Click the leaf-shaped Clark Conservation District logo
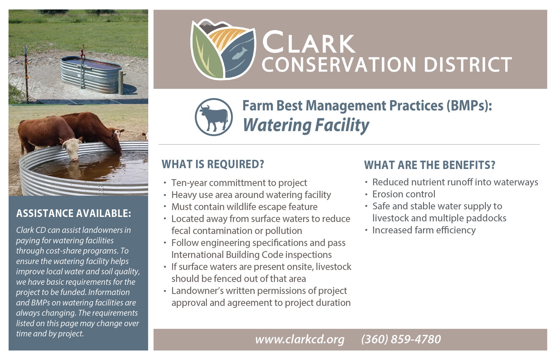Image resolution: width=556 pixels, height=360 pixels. [223, 49]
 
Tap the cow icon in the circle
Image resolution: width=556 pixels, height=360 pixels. [214, 117]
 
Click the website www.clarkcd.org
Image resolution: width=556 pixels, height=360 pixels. [299, 339]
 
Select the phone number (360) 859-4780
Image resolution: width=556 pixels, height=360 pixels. [401, 339]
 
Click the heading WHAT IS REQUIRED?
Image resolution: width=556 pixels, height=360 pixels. [213, 164]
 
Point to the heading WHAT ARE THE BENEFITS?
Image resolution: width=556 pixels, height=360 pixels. [430, 165]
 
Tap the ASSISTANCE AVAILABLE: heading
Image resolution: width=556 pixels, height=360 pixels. [73, 214]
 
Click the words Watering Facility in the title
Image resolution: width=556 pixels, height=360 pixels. [306, 125]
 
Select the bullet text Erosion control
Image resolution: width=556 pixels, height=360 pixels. [404, 194]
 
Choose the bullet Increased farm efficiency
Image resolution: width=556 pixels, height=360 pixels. [424, 230]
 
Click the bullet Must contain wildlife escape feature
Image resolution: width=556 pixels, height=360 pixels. [244, 207]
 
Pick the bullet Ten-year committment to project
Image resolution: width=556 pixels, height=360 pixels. [239, 183]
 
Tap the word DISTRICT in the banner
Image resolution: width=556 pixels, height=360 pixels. [467, 65]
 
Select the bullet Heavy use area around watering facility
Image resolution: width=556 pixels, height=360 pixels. [251, 195]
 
